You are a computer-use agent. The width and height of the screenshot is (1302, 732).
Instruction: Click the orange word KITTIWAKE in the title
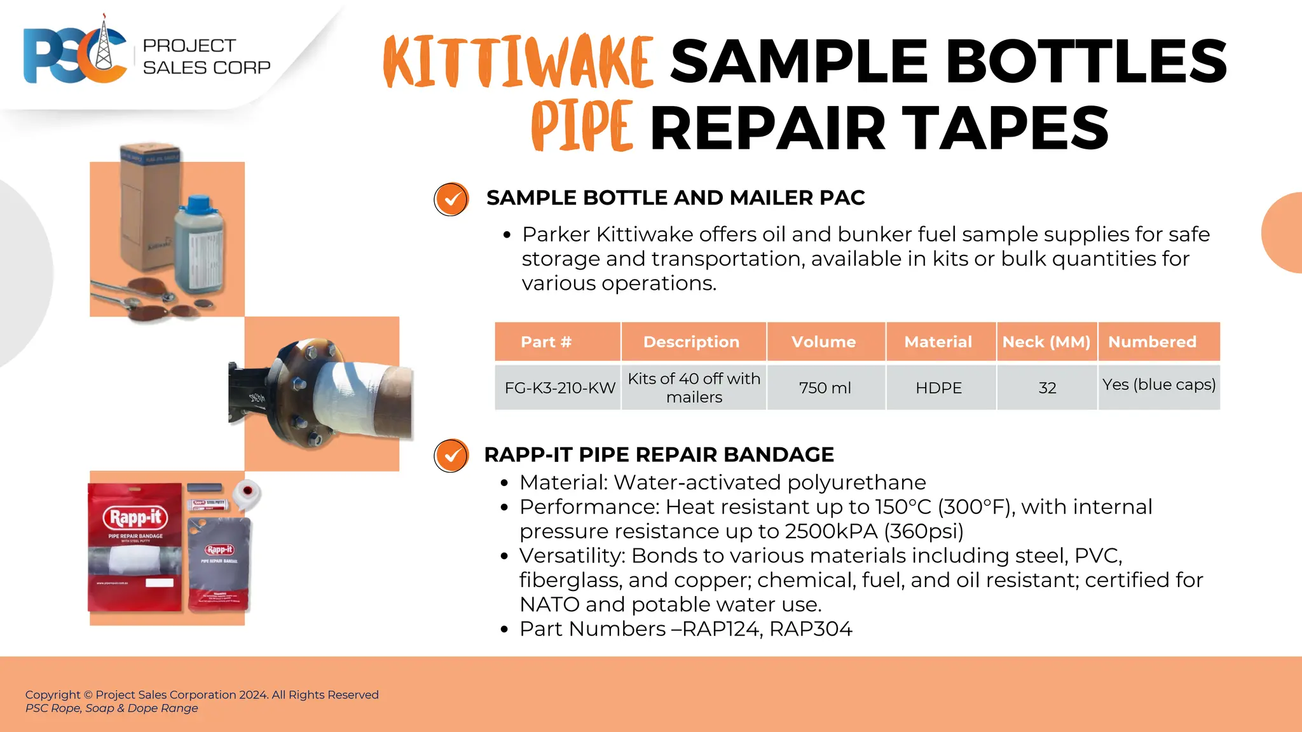click(518, 62)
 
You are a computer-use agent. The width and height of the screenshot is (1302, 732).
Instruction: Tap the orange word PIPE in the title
click(582, 126)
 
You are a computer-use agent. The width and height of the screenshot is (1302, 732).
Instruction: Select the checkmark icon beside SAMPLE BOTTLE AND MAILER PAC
click(451, 200)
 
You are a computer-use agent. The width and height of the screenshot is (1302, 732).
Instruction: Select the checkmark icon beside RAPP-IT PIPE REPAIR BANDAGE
click(451, 456)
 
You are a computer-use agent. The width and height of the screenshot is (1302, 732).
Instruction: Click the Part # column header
click(546, 342)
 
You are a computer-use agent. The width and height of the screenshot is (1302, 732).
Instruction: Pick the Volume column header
click(824, 342)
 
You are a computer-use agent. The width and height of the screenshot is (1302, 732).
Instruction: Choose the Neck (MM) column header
click(1046, 342)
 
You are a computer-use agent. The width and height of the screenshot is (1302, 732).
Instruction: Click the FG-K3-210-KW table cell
click(559, 388)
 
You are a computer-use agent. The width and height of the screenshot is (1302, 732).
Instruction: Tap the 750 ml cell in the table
click(825, 388)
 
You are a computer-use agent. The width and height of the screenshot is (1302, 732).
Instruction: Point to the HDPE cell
click(938, 388)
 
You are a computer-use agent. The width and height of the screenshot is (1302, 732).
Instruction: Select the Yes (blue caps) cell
click(1159, 385)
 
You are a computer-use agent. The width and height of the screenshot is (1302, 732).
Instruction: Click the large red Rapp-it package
click(135, 546)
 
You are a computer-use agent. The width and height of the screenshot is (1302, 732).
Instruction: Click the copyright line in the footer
click(202, 695)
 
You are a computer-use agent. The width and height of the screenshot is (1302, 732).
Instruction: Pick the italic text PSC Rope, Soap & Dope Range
click(112, 708)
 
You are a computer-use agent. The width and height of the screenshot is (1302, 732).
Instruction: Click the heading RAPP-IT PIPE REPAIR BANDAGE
click(659, 455)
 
